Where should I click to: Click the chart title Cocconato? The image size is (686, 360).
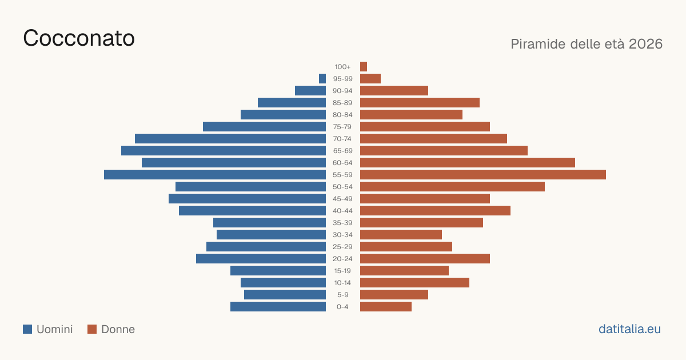tap(79, 38)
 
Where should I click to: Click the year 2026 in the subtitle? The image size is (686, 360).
tap(645, 44)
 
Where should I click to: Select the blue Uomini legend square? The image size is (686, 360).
tap(27, 329)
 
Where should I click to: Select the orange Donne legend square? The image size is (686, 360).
tap(92, 329)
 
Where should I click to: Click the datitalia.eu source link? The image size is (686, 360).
tap(629, 329)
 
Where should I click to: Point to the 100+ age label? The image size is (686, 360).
tap(342, 67)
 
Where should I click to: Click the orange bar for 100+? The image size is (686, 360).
tap(364, 66)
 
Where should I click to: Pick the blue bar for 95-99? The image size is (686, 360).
tap(322, 79)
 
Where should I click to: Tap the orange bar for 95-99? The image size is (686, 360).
tap(370, 79)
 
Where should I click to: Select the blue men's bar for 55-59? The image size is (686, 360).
tap(215, 174)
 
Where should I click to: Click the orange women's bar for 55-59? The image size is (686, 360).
tap(483, 174)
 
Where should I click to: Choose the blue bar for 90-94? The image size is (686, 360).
tap(310, 91)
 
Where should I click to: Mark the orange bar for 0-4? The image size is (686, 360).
tap(386, 307)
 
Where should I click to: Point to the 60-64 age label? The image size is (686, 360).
tap(342, 163)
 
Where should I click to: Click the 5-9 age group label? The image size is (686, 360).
tap(342, 295)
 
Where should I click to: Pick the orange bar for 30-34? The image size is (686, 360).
tap(401, 235)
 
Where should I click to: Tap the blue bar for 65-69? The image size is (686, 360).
tap(224, 151)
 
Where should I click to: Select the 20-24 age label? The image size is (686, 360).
tap(342, 259)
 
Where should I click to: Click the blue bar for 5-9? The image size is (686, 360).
tap(285, 294)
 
